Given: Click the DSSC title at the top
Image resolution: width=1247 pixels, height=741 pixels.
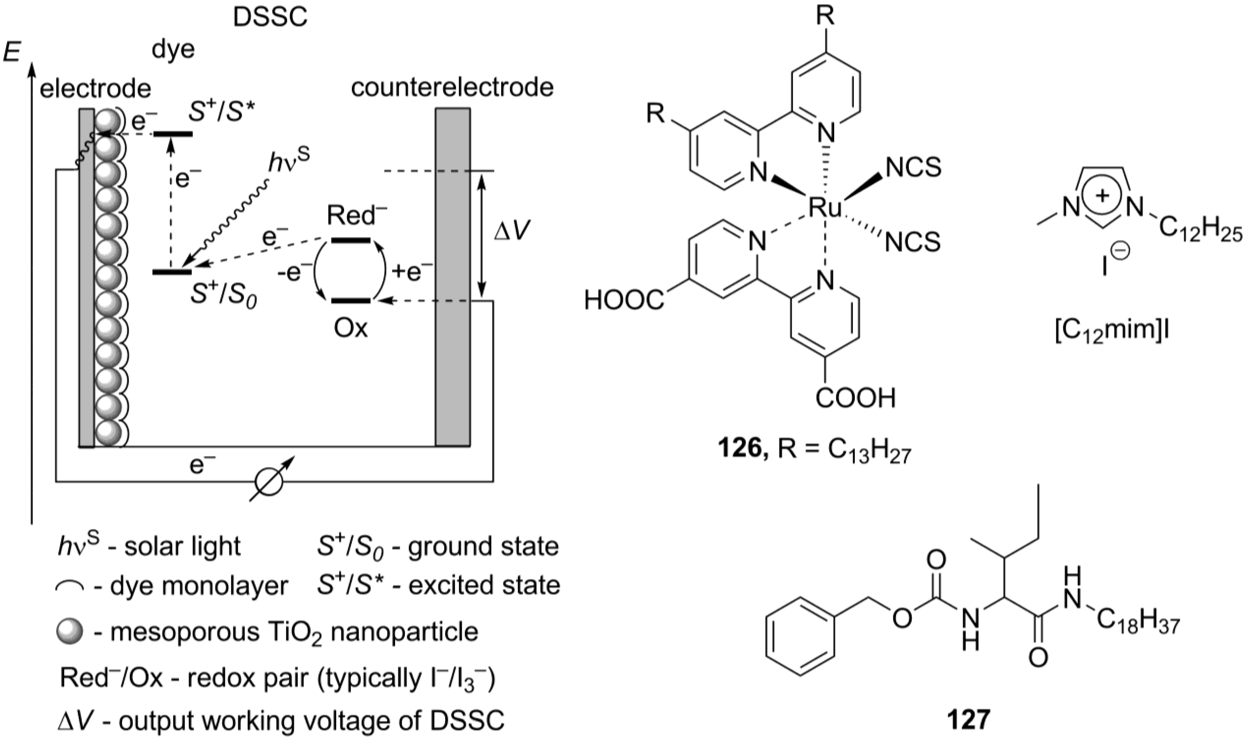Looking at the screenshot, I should coord(270,17).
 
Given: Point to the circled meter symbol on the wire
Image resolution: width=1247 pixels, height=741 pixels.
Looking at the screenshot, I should coord(269,482).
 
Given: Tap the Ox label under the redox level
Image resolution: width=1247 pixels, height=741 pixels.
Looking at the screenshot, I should coord(351,328).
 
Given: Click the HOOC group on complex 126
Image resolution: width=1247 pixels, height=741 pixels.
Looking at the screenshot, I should coord(624,301).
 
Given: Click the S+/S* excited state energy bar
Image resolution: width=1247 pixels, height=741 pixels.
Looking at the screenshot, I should coord(172,134).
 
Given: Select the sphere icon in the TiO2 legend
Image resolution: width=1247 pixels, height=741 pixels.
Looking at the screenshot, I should coord(69,632).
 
